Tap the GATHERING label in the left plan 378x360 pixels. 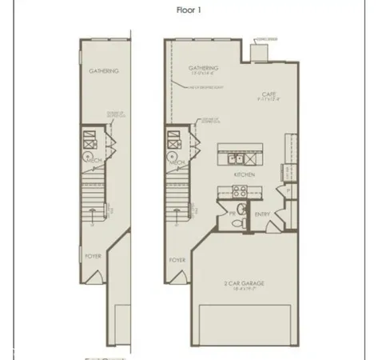click(104, 71)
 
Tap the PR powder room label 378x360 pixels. click(233, 214)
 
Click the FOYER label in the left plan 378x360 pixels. click(94, 257)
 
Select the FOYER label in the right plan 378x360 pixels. click(177, 260)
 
